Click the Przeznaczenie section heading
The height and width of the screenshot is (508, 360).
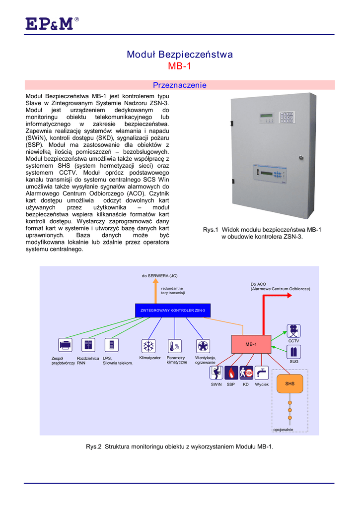179,85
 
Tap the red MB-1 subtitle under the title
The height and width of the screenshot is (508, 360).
179,66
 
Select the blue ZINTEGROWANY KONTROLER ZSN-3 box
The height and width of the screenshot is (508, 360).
173,310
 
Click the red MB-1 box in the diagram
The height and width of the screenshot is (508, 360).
251,344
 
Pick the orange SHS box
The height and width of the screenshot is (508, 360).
290,384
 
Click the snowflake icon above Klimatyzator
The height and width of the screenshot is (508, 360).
148,346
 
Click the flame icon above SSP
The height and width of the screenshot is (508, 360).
231,373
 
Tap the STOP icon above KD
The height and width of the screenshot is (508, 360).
246,373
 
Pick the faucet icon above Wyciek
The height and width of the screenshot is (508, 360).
261,373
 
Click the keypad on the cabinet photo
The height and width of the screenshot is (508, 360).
287,118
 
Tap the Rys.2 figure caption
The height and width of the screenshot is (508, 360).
179,446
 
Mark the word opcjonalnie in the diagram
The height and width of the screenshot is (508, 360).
284,430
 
